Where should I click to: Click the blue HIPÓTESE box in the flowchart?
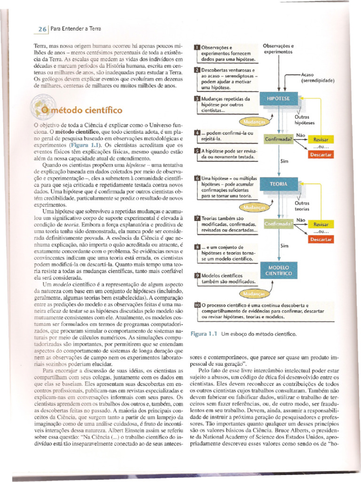click(279, 98)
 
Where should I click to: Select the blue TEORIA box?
click(278, 185)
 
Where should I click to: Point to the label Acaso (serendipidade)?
click(317, 78)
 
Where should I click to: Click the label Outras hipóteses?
click(304, 120)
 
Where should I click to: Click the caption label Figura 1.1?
click(203, 334)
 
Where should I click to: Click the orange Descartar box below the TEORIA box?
click(321, 240)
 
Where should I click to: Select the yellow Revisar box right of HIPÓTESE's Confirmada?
click(321, 139)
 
